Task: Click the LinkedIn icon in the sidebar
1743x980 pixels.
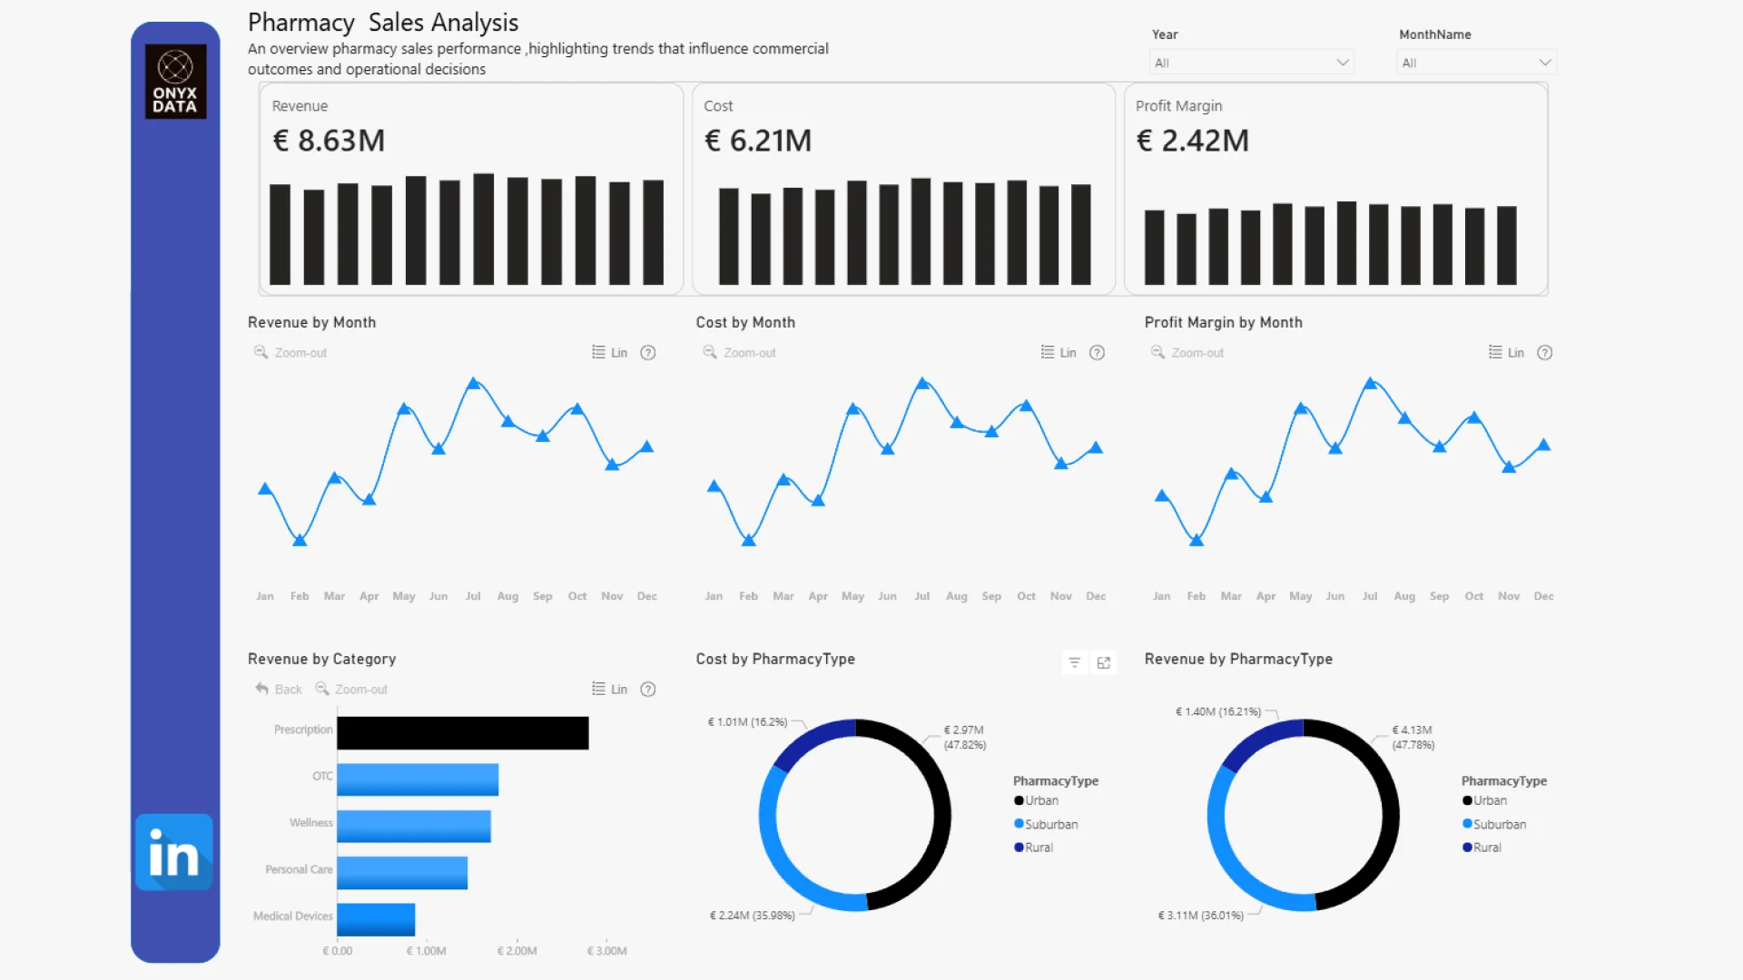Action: click(173, 852)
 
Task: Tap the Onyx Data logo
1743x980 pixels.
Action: click(175, 82)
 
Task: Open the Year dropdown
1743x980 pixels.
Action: click(1251, 63)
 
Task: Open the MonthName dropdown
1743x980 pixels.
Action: click(1475, 63)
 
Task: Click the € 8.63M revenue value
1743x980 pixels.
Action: click(329, 141)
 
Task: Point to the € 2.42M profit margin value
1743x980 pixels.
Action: click(1192, 141)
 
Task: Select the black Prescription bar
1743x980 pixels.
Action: click(462, 733)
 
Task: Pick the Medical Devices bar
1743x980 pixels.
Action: click(376, 919)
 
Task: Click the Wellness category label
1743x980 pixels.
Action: click(310, 823)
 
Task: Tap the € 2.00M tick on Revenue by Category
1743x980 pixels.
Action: click(517, 951)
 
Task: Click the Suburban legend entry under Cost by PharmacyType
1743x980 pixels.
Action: click(1050, 825)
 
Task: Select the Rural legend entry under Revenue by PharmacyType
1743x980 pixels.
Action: click(1486, 848)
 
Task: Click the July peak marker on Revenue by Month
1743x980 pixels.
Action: click(473, 384)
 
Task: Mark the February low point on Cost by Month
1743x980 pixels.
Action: click(749, 541)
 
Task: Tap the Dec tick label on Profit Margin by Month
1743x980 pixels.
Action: click(1543, 596)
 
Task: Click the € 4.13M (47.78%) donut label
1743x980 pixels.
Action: click(1413, 737)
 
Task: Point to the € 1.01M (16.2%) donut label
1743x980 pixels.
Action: click(747, 722)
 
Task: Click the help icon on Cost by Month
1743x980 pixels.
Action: click(1097, 353)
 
